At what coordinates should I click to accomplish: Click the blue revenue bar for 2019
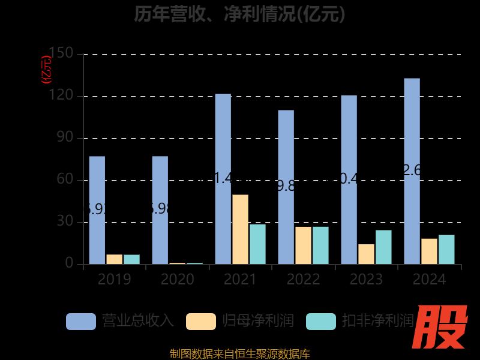pyautogui.click(x=97, y=210)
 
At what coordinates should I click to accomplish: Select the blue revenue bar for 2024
pyautogui.click(x=412, y=171)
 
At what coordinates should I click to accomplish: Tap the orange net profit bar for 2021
pyautogui.click(x=240, y=229)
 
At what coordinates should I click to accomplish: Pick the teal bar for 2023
pyautogui.click(x=383, y=247)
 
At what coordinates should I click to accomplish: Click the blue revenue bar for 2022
pyautogui.click(x=286, y=187)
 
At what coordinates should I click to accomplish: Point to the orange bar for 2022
pyautogui.click(x=303, y=245)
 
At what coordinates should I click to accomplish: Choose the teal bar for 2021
pyautogui.click(x=257, y=244)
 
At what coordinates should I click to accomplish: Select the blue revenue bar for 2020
pyautogui.click(x=160, y=210)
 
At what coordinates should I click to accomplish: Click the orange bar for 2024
pyautogui.click(x=429, y=251)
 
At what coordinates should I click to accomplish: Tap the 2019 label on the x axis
pyautogui.click(x=114, y=280)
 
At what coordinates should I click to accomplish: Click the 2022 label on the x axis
pyautogui.click(x=303, y=280)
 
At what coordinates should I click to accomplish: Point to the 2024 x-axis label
pyautogui.click(x=429, y=280)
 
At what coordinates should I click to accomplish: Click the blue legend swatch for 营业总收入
pyautogui.click(x=81, y=321)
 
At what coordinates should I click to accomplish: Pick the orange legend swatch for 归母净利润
pyautogui.click(x=201, y=321)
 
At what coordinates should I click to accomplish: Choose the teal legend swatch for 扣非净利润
pyautogui.click(x=321, y=321)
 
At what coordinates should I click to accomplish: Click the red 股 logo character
pyautogui.click(x=442, y=327)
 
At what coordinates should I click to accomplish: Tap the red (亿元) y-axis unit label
pyautogui.click(x=46, y=70)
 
